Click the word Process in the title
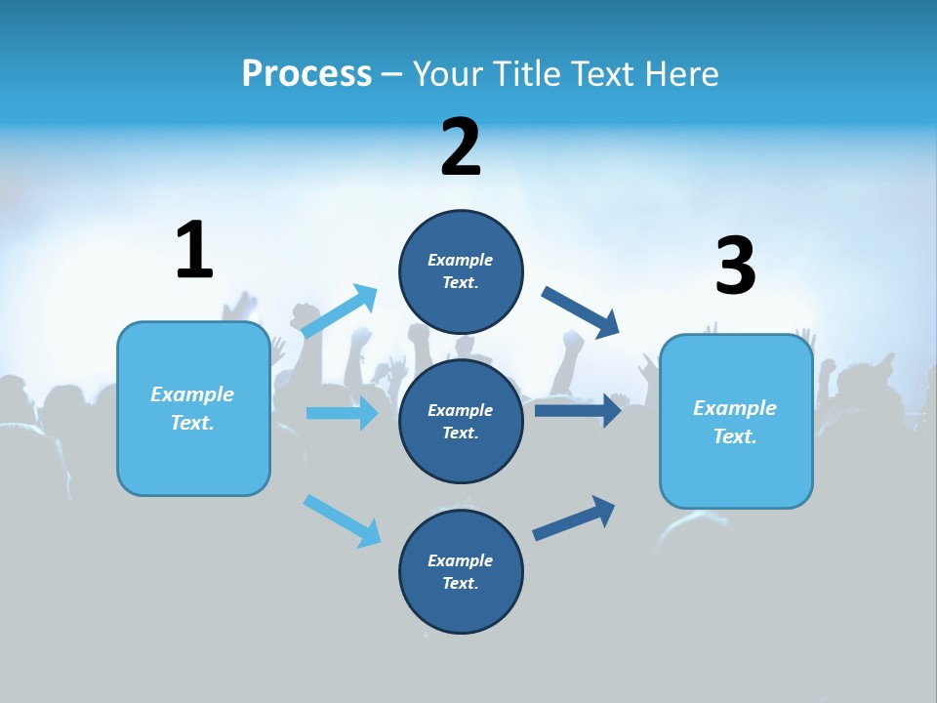[306, 73]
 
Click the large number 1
[194, 250]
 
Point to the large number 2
[461, 147]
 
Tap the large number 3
[735, 267]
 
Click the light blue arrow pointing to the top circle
[339, 311]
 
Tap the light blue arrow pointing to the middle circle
[342, 413]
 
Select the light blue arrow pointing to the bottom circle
[342, 519]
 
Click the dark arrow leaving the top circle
[581, 311]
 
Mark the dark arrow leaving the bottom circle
[574, 517]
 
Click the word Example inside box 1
[192, 394]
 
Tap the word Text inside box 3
[733, 436]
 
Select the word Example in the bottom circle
[460, 560]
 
